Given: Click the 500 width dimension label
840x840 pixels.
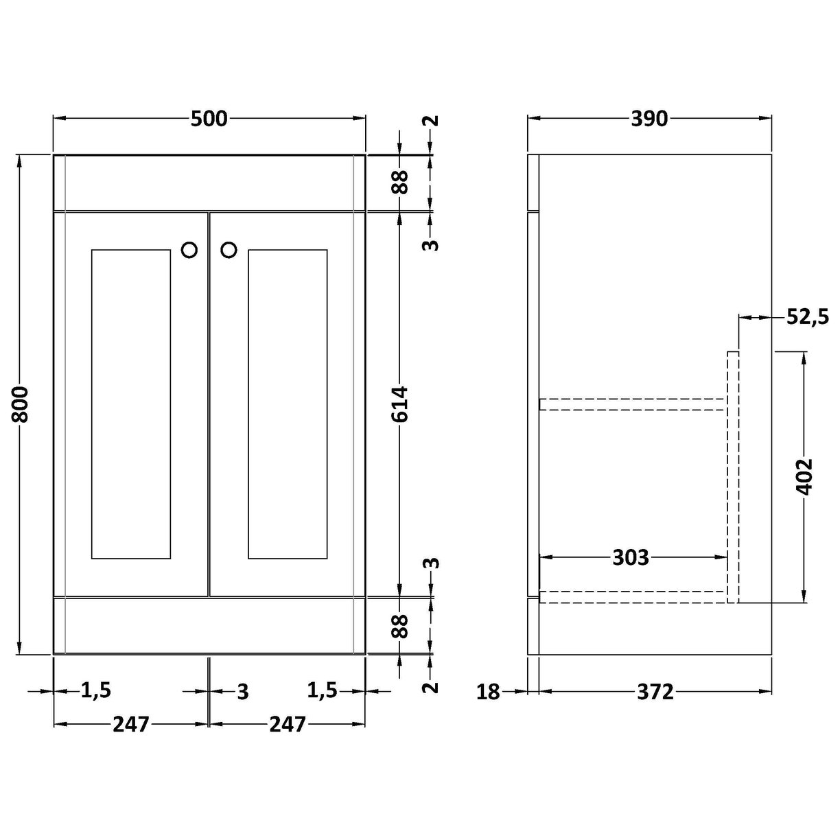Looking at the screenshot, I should coord(209,119).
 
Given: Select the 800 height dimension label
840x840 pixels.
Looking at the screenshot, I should coord(21,404).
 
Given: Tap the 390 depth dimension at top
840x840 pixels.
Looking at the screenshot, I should coord(649,119).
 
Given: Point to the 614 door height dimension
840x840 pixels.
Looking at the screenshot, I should coord(399,404).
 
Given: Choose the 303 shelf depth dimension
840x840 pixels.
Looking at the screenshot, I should coord(630,557).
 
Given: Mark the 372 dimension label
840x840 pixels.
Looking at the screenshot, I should coord(655,692).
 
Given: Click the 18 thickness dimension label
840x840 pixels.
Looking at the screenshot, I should coord(488,692).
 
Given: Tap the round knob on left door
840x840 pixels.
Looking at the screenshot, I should coord(189,250).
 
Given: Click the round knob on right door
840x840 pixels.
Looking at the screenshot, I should coord(229,250).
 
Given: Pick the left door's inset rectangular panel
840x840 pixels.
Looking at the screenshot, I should coord(130,404).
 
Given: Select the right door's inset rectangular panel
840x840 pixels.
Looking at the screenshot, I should coord(288,404).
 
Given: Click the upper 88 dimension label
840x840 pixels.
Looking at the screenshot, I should coord(399,183).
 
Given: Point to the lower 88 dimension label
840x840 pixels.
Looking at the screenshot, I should coord(399,626).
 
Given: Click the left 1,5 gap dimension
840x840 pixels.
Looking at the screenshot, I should coord(95,691).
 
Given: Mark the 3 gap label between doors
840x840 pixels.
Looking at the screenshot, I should coord(242,692).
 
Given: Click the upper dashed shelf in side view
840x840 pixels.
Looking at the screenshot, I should coord(631,404).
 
